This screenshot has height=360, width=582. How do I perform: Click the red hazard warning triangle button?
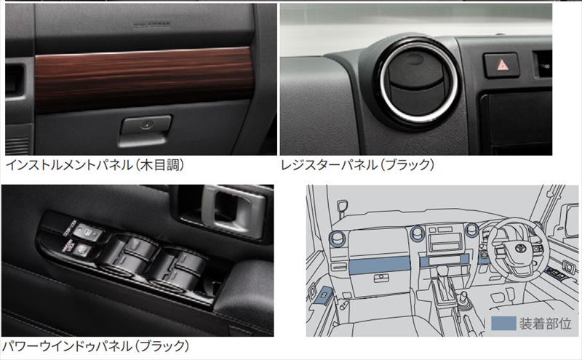pyautogui.click(x=501, y=65)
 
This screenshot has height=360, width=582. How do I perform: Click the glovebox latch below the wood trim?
pyautogui.click(x=146, y=125)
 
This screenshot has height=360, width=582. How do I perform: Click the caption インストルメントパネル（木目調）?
pyautogui.click(x=95, y=165)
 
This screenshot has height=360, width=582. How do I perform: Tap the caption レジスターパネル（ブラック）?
pyautogui.click(x=358, y=165)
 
